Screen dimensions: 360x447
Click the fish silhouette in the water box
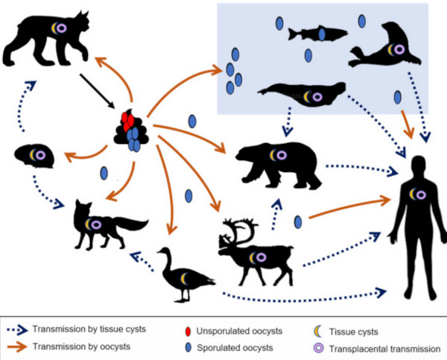click(x=317, y=34)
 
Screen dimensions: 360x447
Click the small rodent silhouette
click(x=36, y=155)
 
